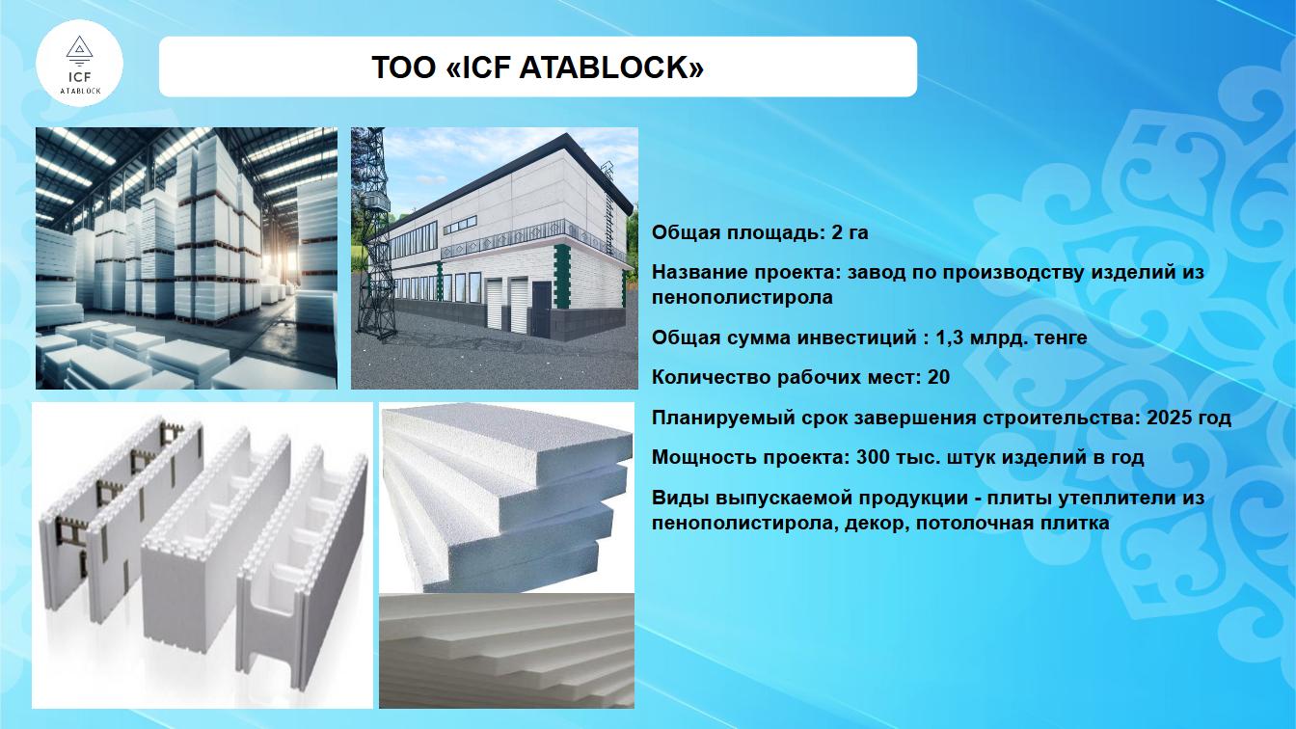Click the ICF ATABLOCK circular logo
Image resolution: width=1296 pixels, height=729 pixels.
click(79, 63)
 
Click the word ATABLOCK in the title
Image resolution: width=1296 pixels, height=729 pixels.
click(611, 67)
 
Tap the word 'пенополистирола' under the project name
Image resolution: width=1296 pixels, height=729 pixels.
click(742, 297)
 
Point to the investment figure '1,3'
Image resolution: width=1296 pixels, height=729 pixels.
click(949, 337)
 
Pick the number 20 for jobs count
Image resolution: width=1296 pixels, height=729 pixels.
click(938, 377)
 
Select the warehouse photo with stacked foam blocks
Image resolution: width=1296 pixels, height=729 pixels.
click(186, 258)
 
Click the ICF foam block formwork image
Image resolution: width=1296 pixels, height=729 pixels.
click(202, 555)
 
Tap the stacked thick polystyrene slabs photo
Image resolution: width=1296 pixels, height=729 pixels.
click(507, 498)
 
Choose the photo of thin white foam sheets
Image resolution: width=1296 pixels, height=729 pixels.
click(507, 651)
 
